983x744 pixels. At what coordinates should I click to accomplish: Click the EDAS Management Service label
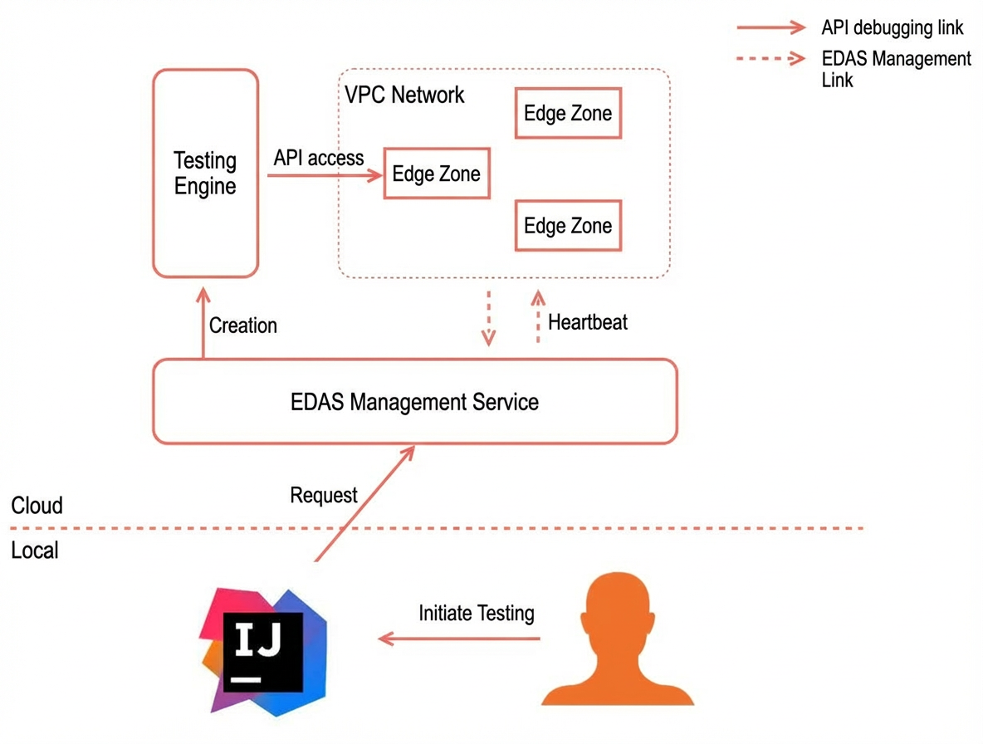click(x=414, y=402)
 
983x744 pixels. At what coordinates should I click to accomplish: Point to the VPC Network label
click(x=404, y=95)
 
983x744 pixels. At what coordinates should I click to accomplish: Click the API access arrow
click(x=325, y=175)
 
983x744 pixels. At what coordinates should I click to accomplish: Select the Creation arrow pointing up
click(x=203, y=323)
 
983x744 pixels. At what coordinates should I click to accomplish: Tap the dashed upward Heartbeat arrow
click(x=538, y=316)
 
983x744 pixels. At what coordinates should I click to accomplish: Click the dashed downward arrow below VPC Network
click(x=488, y=318)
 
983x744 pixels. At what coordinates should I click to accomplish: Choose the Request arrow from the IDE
click(x=364, y=503)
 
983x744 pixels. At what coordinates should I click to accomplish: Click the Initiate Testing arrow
click(x=459, y=639)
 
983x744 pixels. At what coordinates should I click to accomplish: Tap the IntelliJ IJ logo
click(x=263, y=652)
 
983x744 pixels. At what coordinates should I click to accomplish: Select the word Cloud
click(x=37, y=505)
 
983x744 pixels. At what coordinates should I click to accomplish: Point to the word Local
click(x=35, y=551)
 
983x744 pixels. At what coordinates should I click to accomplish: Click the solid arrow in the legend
click(x=771, y=27)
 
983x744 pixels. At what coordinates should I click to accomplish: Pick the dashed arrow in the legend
click(x=771, y=59)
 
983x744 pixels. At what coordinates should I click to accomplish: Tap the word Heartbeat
click(x=588, y=322)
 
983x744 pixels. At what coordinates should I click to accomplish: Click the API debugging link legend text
click(x=893, y=27)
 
